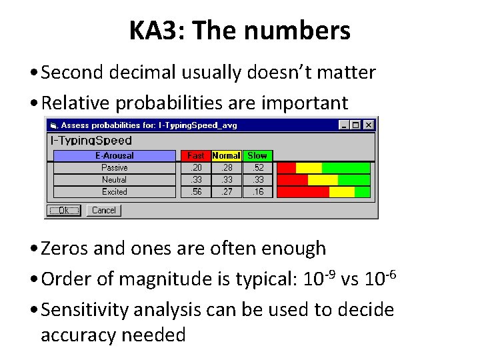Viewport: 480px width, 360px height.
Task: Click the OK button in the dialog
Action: (x=63, y=211)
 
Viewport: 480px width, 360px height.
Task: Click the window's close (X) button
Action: (x=369, y=125)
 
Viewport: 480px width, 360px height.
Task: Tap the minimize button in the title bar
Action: (x=344, y=125)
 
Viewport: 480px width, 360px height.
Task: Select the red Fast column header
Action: (x=195, y=156)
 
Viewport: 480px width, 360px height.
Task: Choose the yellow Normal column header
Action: (x=226, y=156)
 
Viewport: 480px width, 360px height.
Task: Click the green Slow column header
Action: (x=257, y=156)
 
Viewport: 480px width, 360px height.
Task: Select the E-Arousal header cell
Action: (x=114, y=156)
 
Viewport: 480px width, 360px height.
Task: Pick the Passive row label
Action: (x=114, y=168)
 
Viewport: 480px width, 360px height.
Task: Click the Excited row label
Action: (x=114, y=192)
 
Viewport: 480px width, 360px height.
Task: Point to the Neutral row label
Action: (x=114, y=180)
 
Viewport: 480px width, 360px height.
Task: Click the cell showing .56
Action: (x=195, y=192)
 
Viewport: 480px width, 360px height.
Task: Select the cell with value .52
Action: (x=257, y=168)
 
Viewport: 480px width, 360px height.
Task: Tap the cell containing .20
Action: (x=195, y=168)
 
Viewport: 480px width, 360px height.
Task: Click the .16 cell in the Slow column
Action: (x=257, y=192)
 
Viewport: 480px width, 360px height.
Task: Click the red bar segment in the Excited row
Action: (x=303, y=192)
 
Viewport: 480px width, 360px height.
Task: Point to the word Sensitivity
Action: (x=85, y=310)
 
